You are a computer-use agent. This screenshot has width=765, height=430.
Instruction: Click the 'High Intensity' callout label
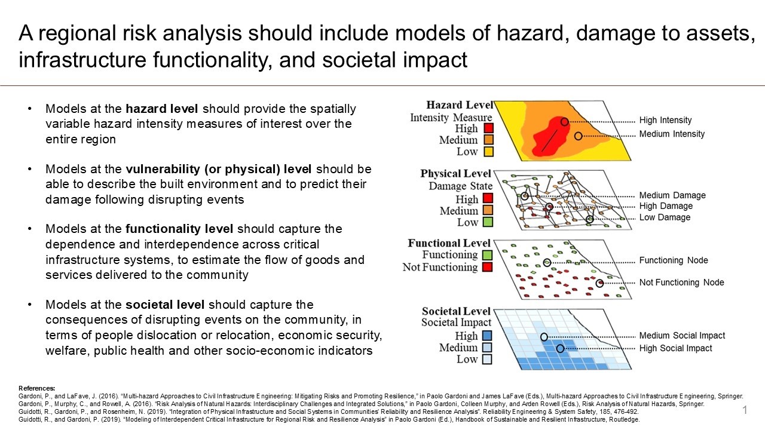point(665,121)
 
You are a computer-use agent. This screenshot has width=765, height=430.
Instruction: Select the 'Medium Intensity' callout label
point(672,134)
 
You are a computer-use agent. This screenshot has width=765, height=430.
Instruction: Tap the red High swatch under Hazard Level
point(488,128)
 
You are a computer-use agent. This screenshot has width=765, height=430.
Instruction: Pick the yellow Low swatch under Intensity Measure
point(488,152)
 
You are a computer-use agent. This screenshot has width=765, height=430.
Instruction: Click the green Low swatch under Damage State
point(488,222)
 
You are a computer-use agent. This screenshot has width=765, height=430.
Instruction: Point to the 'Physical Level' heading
point(455,174)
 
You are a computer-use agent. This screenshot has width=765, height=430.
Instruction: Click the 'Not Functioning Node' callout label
point(681,282)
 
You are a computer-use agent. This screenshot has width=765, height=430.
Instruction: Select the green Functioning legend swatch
point(488,255)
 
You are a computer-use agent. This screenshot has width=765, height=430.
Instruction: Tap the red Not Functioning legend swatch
point(488,267)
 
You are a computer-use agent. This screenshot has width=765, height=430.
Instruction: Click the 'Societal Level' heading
point(455,311)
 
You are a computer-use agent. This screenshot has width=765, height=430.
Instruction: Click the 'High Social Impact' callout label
point(675,348)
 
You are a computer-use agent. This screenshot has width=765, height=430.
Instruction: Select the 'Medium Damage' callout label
point(672,195)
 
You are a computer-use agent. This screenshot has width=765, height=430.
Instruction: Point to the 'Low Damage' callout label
point(665,217)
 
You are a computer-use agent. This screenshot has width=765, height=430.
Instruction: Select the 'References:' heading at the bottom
point(37,388)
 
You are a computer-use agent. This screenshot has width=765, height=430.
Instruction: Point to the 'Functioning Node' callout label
point(674,260)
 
